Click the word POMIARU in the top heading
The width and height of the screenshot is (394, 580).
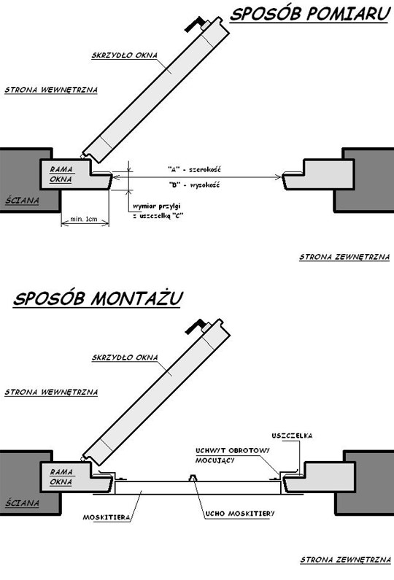point(349,14)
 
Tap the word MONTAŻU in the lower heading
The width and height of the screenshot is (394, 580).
point(136,298)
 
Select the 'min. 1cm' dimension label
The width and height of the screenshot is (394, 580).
point(84,219)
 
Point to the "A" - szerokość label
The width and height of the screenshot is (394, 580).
point(194,170)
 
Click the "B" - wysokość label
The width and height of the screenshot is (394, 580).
point(194,185)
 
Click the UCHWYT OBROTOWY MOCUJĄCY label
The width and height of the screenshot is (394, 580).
point(233,456)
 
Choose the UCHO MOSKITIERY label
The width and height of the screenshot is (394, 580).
point(240,514)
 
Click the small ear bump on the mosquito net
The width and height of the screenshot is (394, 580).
point(193,478)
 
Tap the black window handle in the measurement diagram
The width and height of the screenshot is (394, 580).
point(195,23)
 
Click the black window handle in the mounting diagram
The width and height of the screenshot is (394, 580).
point(196,326)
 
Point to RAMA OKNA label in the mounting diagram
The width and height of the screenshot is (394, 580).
point(61,477)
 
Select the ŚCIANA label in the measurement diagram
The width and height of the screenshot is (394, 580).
point(22,201)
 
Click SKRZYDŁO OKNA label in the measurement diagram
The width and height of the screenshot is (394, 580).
point(125,55)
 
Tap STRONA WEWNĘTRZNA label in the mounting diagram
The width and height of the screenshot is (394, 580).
point(51,392)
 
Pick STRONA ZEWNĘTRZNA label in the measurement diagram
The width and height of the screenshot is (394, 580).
point(344,257)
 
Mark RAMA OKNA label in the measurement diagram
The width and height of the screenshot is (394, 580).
point(61,174)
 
